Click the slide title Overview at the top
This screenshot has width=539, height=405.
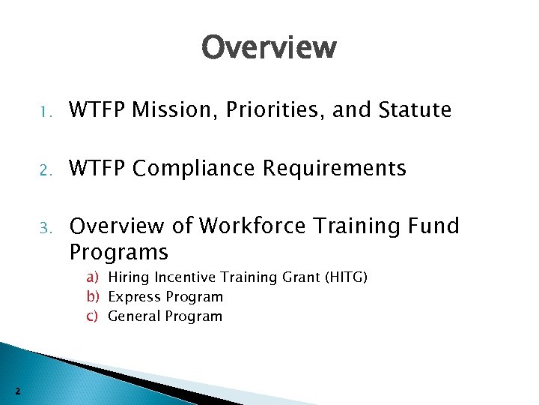click(269, 48)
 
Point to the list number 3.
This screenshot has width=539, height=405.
click(45, 228)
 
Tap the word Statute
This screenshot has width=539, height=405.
click(415, 111)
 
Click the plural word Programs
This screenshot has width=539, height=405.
click(118, 251)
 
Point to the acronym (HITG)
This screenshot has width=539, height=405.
click(344, 278)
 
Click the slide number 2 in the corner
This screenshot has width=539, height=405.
click(17, 390)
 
